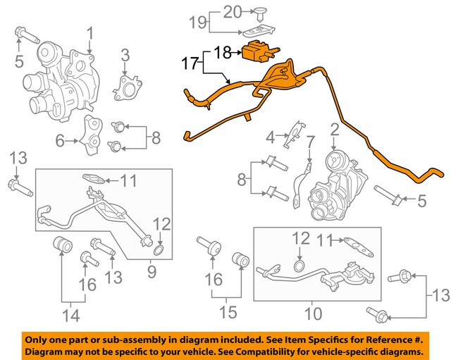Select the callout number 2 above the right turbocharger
coord(334,130)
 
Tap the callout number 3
coord(124,55)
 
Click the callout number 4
coord(270,135)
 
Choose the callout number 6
coord(61,141)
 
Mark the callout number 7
coord(309,143)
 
